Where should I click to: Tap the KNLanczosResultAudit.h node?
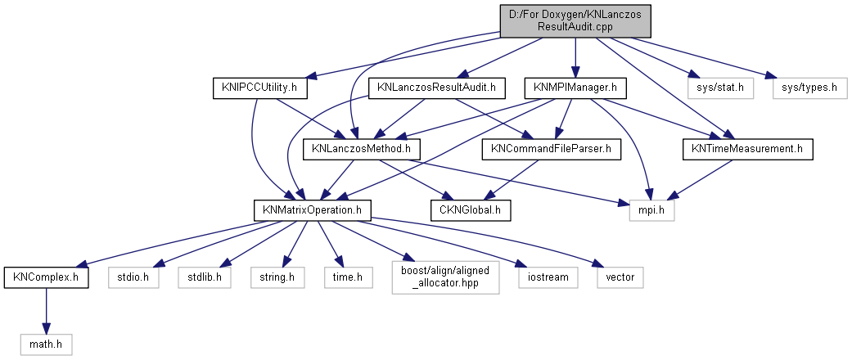click(x=436, y=86)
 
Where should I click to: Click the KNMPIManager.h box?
click(x=575, y=86)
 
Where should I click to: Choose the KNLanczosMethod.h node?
click(x=362, y=149)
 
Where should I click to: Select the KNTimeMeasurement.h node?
click(x=747, y=149)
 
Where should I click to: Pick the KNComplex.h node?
click(x=46, y=277)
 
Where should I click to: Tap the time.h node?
click(x=348, y=277)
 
